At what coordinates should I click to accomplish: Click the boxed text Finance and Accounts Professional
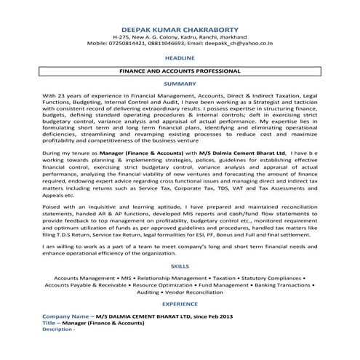180,72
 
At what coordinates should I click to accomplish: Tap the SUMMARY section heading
180,84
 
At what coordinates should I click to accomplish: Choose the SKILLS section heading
180,267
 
